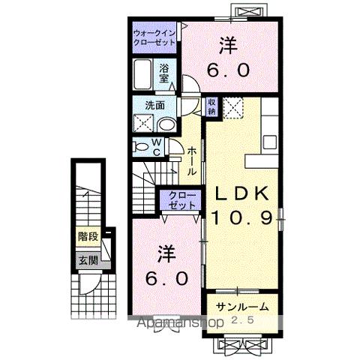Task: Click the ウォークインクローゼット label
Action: click(154, 38)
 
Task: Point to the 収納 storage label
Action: click(213, 106)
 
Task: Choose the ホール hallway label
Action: click(192, 159)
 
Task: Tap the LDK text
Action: click(242, 193)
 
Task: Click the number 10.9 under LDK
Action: click(243, 219)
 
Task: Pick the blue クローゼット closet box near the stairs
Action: click(180, 200)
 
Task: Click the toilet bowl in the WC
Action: click(140, 147)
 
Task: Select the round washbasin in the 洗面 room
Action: click(167, 124)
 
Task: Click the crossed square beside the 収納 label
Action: click(233, 109)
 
